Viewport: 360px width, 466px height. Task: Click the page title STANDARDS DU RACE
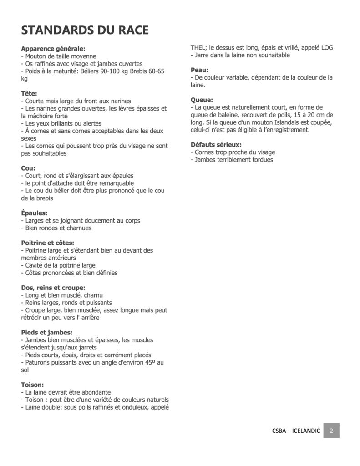pyautogui.click(x=85, y=30)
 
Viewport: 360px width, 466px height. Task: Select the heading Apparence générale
pyautogui.click(x=53, y=49)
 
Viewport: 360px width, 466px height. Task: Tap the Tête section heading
pyautogui.click(x=29, y=93)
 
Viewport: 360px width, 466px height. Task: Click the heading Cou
pyautogui.click(x=28, y=168)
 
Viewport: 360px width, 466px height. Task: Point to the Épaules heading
pyautogui.click(x=34, y=213)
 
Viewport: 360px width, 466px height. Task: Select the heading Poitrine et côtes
pyautogui.click(x=47, y=243)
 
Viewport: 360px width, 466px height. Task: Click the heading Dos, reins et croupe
pyautogui.click(x=53, y=288)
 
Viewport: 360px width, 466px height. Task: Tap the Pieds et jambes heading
pyautogui.click(x=46, y=332)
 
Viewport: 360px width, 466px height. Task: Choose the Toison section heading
pyautogui.click(x=32, y=385)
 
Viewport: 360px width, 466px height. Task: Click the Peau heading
pyautogui.click(x=199, y=70)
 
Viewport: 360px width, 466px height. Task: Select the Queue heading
pyautogui.click(x=202, y=100)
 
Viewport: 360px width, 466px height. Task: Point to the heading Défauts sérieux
pyautogui.click(x=216, y=145)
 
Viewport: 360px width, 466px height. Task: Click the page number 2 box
pyautogui.click(x=331, y=431)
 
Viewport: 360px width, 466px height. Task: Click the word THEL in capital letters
pyautogui.click(x=198, y=47)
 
